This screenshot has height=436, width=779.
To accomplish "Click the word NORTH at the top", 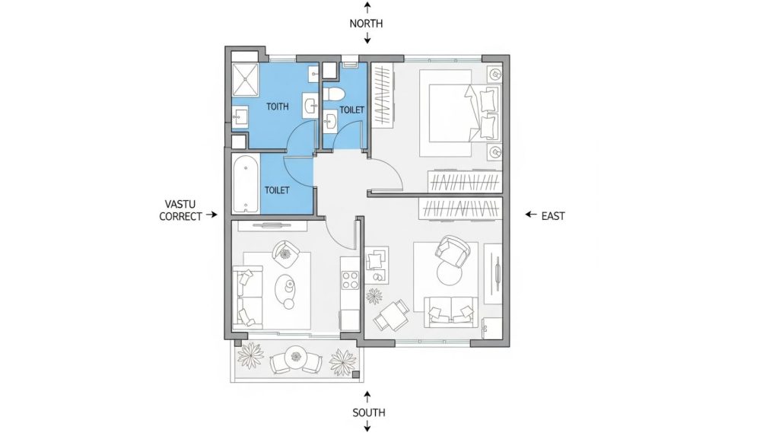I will (366, 24).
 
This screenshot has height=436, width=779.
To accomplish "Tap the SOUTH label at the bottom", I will (368, 412).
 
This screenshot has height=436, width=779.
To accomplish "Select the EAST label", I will (553, 216).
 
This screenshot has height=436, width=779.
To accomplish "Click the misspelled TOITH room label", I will (278, 107).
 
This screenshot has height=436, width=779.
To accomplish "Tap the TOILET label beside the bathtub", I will (276, 189).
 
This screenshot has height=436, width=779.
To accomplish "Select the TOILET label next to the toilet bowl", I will (351, 110).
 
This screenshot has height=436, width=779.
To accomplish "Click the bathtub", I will (246, 185).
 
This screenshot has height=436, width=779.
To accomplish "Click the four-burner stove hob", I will (350, 279).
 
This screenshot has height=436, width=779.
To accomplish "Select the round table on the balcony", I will (297, 355).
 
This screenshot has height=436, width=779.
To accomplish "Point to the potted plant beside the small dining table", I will (375, 295).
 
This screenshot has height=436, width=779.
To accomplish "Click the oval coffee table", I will (288, 290).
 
